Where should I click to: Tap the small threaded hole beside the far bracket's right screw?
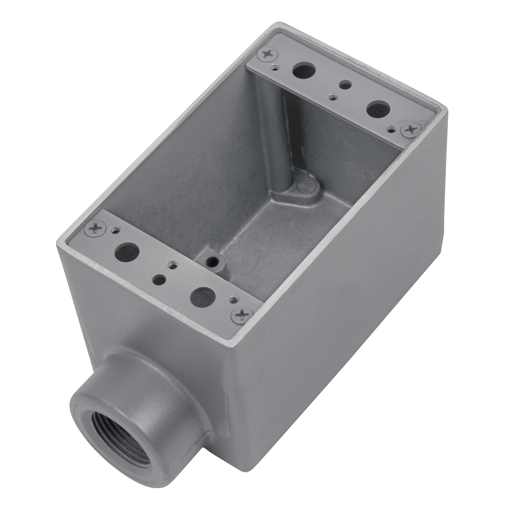[x=391, y=128]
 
